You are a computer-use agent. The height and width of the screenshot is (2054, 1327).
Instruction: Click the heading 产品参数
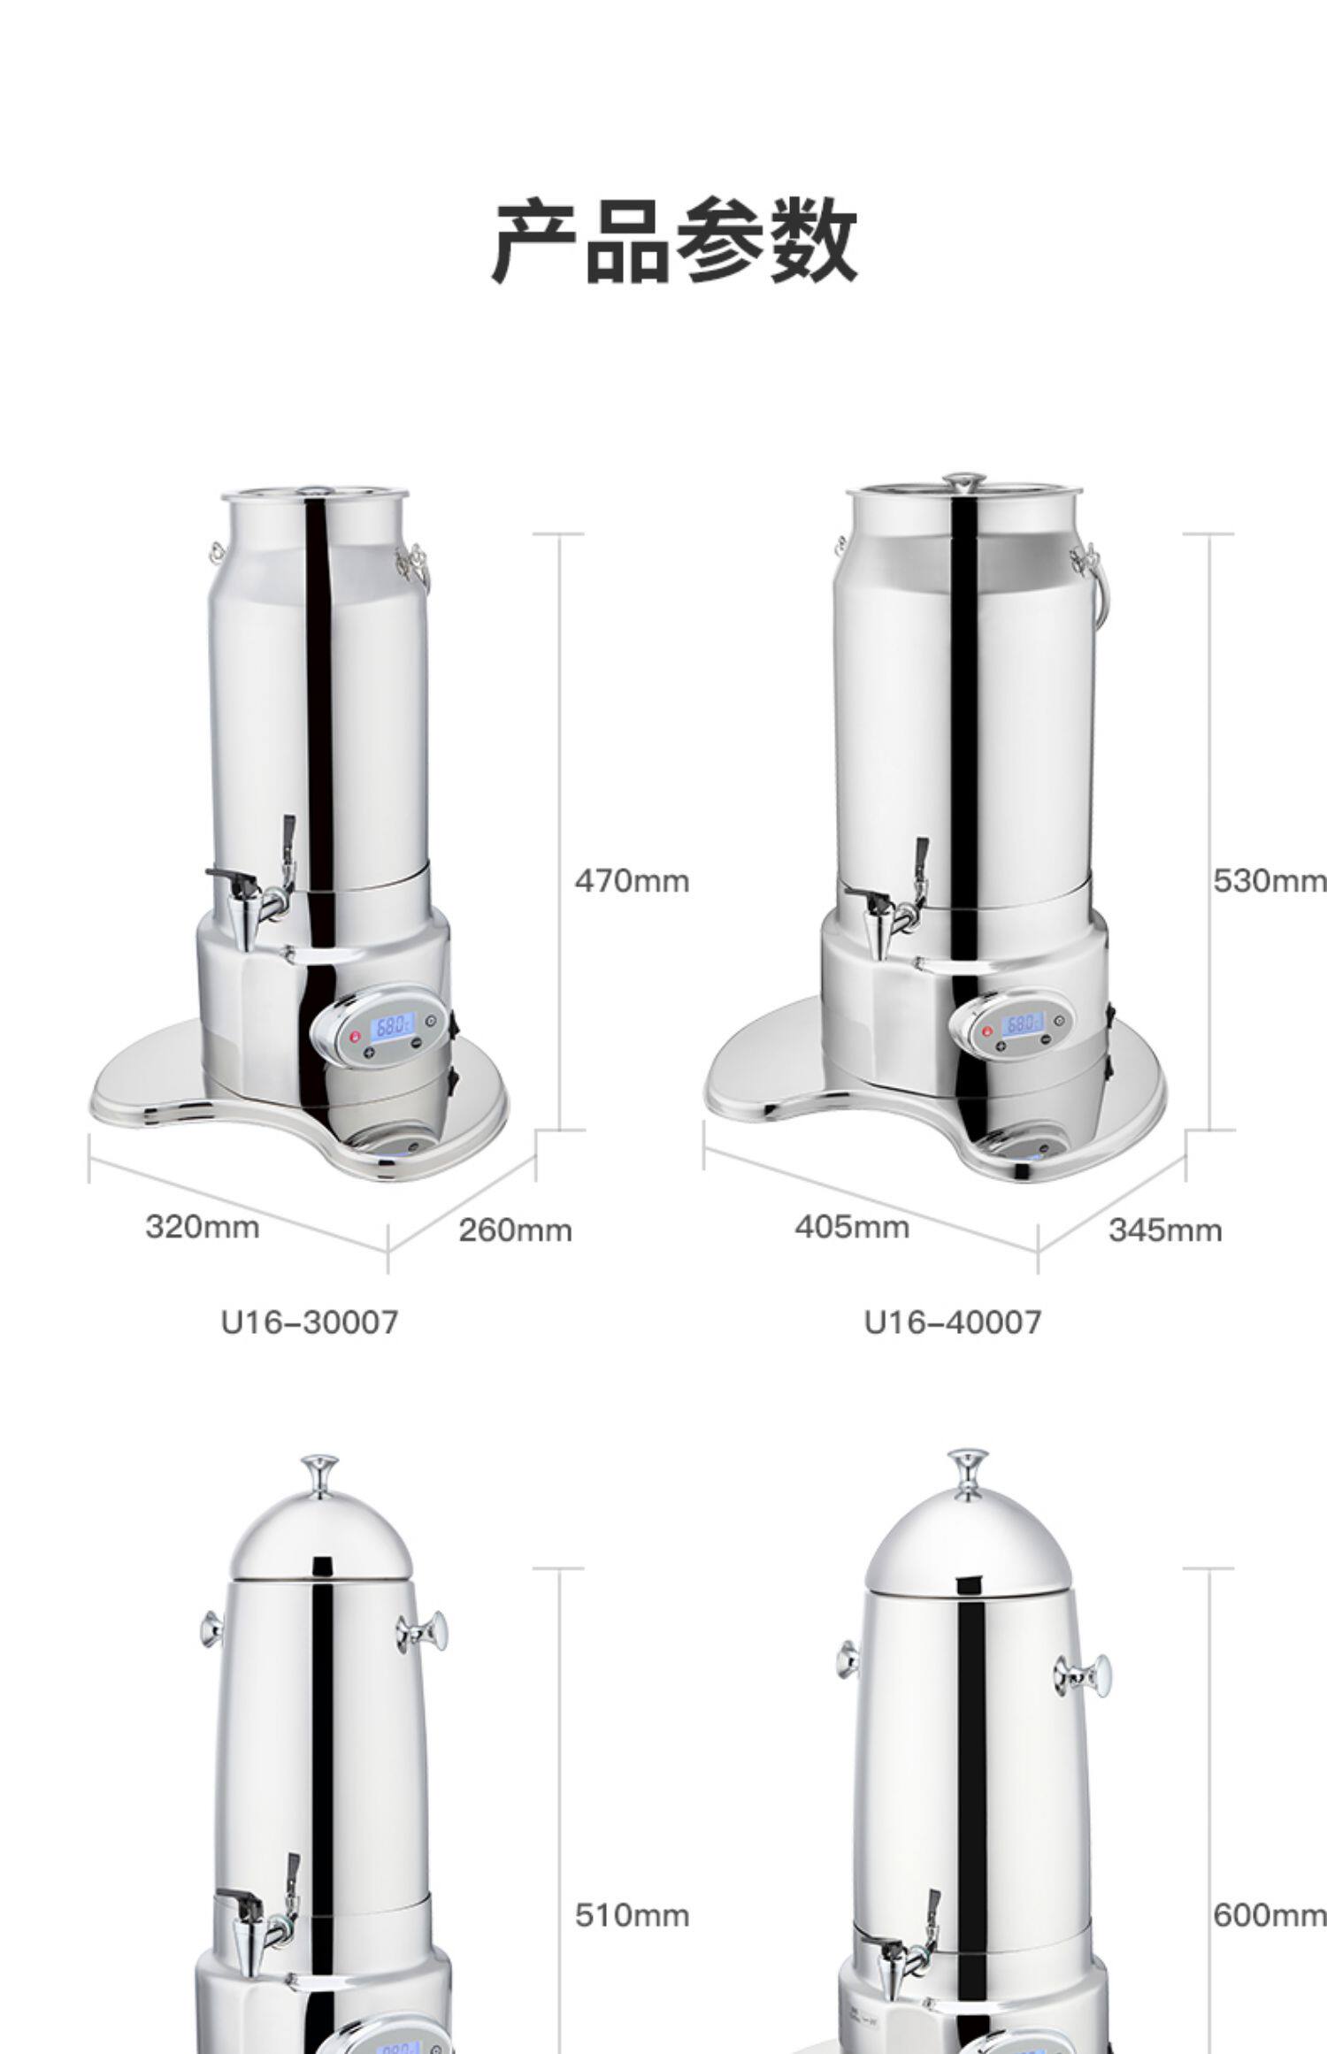674,241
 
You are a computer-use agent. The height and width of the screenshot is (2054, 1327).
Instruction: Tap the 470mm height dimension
632,881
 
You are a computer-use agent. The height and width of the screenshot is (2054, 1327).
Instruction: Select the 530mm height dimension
1269,881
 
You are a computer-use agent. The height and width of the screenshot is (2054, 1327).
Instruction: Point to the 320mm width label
203,1227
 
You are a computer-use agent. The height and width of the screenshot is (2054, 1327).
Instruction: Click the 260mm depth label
515,1230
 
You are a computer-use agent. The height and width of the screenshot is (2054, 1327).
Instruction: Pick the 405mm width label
852,1227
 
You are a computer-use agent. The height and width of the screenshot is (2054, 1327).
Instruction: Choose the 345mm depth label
1165,1230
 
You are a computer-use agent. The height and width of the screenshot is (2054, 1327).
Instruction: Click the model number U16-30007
310,1322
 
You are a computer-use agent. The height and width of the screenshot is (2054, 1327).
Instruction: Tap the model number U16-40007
953,1322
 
